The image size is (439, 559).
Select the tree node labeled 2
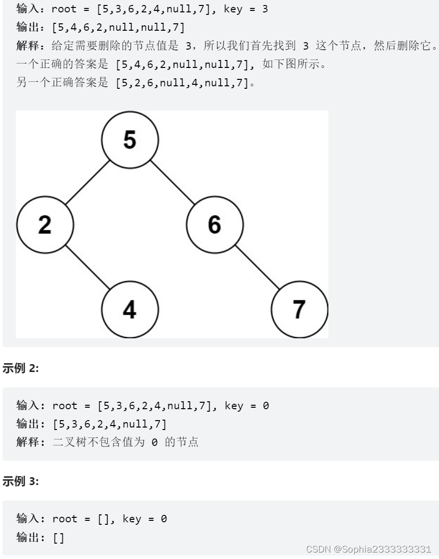[x=45, y=224]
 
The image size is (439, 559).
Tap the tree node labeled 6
[x=215, y=224]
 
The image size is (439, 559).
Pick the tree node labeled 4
[x=130, y=309]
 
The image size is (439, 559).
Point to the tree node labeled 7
[x=299, y=309]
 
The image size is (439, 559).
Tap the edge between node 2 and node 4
[x=87, y=267]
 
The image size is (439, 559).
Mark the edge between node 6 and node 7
[x=257, y=267]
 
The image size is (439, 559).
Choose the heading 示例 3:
[x=21, y=481]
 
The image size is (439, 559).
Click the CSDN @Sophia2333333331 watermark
[x=369, y=549]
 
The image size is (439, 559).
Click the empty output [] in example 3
[x=59, y=537]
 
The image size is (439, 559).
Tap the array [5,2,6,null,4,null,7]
[x=182, y=83]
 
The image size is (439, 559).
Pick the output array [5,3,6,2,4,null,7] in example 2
[x=109, y=424]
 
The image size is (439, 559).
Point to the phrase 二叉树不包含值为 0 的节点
[x=125, y=442]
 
